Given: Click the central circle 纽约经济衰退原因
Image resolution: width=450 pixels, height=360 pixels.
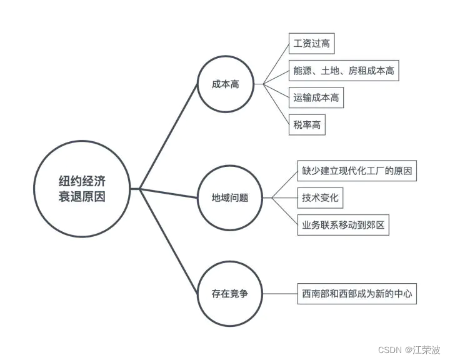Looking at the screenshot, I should (78, 188).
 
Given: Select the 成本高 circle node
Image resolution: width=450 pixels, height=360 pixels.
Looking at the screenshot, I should (226, 84).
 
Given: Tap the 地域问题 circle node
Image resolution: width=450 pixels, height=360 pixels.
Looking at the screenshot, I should (230, 198).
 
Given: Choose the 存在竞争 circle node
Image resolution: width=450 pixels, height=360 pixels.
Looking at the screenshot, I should (230, 293).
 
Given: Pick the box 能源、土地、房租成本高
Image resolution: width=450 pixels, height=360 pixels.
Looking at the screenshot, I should (343, 71).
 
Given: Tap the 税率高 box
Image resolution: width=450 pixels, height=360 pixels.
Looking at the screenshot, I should (307, 124).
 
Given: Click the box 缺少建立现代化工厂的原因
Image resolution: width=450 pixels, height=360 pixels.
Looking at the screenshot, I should (357, 171).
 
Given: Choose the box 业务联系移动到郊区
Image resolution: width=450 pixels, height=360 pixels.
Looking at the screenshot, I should (343, 225).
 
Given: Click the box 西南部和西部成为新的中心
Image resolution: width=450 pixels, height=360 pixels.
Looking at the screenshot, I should (356, 293).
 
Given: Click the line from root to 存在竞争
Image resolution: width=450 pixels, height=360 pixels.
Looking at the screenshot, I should (169, 241).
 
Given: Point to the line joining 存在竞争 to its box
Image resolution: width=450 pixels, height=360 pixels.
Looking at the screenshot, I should (279, 293).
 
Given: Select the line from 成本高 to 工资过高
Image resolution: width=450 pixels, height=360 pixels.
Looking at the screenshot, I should (276, 64).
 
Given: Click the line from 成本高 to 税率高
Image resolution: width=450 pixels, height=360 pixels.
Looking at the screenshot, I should (276, 104).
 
